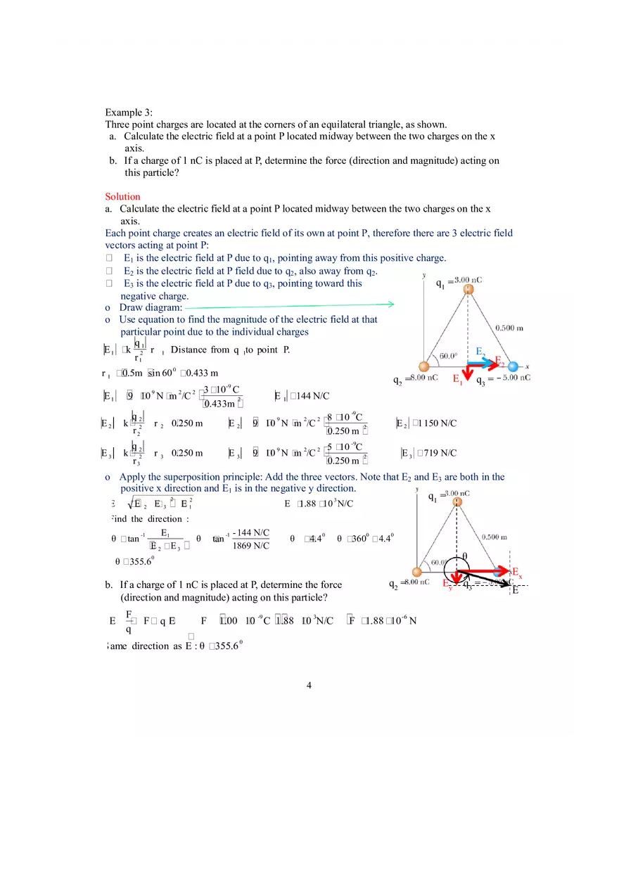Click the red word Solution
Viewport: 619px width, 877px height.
(122, 197)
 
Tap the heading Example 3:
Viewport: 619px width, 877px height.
(129, 113)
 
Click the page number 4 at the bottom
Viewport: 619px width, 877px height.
(309, 686)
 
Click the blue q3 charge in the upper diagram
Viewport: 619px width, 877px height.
(513, 366)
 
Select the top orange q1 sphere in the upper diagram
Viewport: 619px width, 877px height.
(468, 288)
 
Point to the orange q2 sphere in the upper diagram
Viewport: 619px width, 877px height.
(423, 366)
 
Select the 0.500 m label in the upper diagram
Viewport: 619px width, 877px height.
(509, 328)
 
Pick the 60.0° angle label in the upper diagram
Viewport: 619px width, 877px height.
(449, 356)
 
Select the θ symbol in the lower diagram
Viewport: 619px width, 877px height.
(464, 556)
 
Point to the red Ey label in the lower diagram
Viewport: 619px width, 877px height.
(448, 584)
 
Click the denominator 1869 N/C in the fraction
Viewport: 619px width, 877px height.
(250, 545)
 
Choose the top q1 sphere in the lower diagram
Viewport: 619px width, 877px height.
(458, 502)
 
